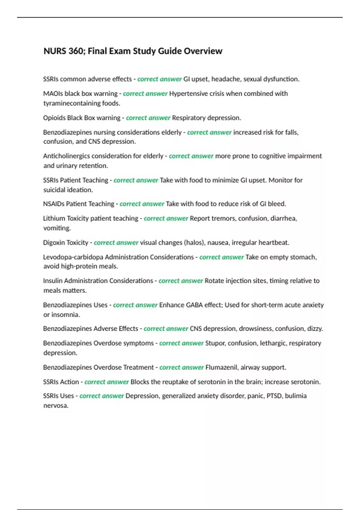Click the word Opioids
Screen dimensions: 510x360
[x=54, y=118]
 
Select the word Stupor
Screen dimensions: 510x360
[x=215, y=343]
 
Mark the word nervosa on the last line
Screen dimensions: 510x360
[x=55, y=406]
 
